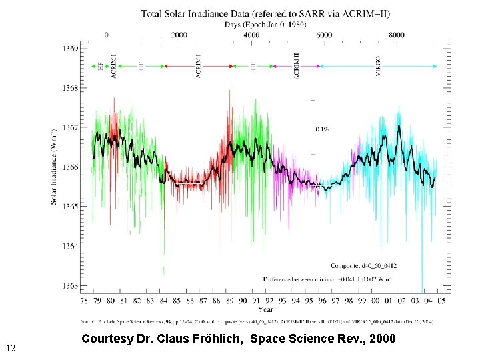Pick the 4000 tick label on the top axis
251,35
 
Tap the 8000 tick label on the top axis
397,35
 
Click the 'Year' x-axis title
266,309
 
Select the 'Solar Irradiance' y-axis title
54,166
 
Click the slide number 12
10,348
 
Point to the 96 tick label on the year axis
323,301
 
